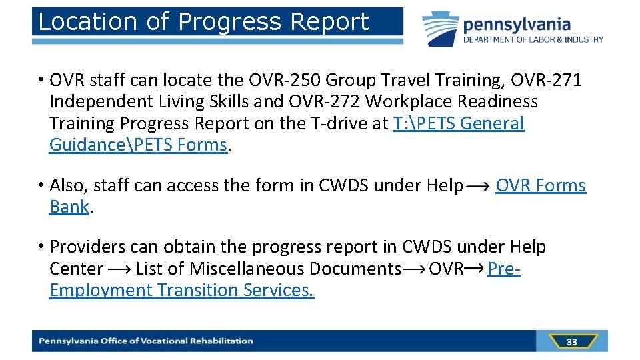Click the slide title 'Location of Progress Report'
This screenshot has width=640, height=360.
pyautogui.click(x=203, y=22)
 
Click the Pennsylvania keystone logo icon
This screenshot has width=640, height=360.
pyautogui.click(x=440, y=28)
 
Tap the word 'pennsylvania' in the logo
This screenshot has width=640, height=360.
pyautogui.click(x=517, y=25)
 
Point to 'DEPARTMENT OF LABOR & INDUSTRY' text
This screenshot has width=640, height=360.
pyautogui.click(x=533, y=40)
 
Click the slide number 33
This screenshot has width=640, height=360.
pyautogui.click(x=571, y=342)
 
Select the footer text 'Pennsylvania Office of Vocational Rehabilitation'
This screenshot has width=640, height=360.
pyautogui.click(x=146, y=341)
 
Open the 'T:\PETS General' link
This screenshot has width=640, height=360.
pyautogui.click(x=459, y=124)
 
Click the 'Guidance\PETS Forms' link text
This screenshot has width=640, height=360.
pyautogui.click(x=139, y=145)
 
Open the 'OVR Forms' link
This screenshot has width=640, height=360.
pyautogui.click(x=541, y=186)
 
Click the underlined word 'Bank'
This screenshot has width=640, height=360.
pyautogui.click(x=69, y=207)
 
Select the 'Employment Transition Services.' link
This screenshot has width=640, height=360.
pyautogui.click(x=181, y=291)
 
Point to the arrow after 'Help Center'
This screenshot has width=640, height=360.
pyautogui.click(x=119, y=269)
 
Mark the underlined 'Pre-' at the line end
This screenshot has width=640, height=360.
pyautogui.click(x=504, y=269)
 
